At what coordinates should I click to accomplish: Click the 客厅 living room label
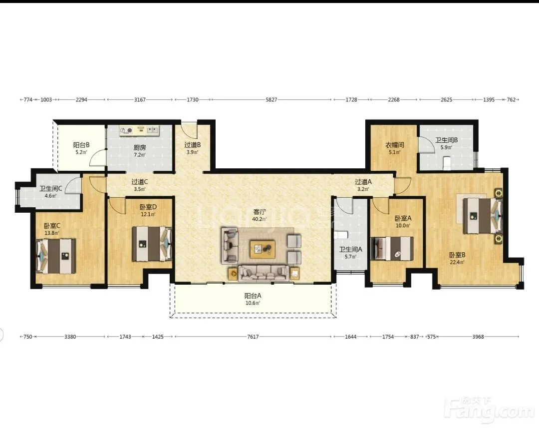click(x=260, y=212)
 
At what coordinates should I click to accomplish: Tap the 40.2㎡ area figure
click(x=260, y=219)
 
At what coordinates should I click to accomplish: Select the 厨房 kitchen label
click(x=140, y=148)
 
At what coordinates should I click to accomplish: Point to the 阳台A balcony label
click(x=253, y=296)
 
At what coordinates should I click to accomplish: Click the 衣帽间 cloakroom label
click(x=395, y=145)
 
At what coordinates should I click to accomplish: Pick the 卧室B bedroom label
click(x=457, y=255)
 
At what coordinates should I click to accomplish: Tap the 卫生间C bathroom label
click(x=50, y=189)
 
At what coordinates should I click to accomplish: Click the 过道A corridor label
click(x=363, y=182)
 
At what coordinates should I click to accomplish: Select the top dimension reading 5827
click(x=271, y=100)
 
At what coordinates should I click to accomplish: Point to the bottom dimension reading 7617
click(x=253, y=337)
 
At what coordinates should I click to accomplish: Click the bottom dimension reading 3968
click(x=478, y=337)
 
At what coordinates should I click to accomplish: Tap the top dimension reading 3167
click(x=140, y=100)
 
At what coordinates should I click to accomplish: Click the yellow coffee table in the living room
click(x=263, y=249)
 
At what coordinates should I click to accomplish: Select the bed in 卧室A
click(x=392, y=248)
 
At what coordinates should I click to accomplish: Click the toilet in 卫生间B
click(x=447, y=163)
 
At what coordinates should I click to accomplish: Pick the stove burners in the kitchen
click(x=126, y=130)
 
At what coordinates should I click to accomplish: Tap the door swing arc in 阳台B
click(x=97, y=158)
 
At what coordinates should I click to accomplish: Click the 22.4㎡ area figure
click(x=457, y=262)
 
